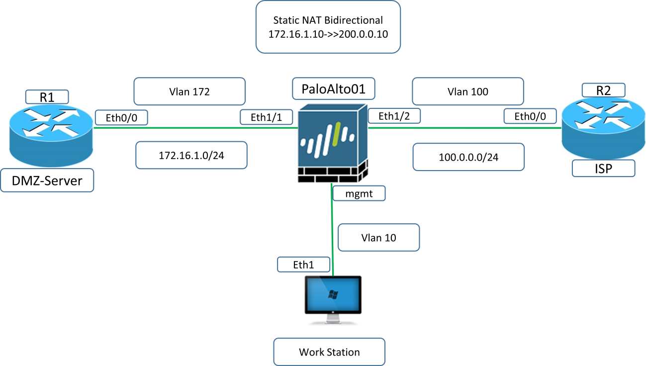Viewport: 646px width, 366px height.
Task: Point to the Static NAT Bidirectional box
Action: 328,27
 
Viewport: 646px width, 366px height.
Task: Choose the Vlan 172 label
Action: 189,91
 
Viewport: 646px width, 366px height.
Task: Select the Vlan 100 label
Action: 467,91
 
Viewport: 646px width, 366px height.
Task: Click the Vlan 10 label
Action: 378,237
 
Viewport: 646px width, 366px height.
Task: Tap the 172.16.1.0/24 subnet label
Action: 191,156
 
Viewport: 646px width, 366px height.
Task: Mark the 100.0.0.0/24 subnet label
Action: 468,157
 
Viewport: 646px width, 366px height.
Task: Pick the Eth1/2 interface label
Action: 394,116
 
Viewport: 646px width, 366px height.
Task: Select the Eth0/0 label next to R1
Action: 121,117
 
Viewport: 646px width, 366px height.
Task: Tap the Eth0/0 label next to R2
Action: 530,116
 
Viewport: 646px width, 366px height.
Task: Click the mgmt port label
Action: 360,193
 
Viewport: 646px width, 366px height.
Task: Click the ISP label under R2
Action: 603,168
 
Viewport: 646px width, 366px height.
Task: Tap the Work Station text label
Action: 329,352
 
